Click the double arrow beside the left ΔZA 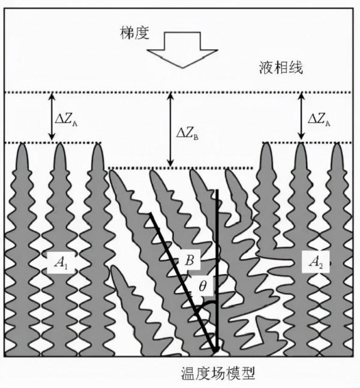[x=52, y=118]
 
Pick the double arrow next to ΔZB [x=170, y=130]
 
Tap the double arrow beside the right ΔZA [x=299, y=118]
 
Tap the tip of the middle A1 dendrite [x=59, y=145]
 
